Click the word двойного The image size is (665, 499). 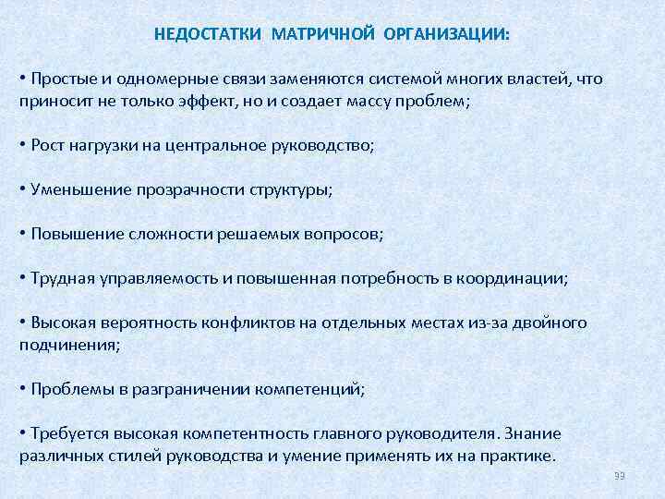point(551,323)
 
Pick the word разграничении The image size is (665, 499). point(187,389)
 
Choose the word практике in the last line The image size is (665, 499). point(516,456)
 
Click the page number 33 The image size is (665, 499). point(620,476)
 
